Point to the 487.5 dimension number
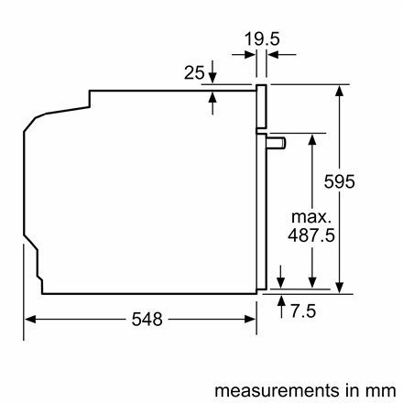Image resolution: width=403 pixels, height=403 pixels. click(x=312, y=236)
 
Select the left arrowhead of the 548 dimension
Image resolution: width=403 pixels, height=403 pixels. click(x=29, y=320)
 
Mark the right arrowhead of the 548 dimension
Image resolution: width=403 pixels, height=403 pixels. click(x=251, y=320)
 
